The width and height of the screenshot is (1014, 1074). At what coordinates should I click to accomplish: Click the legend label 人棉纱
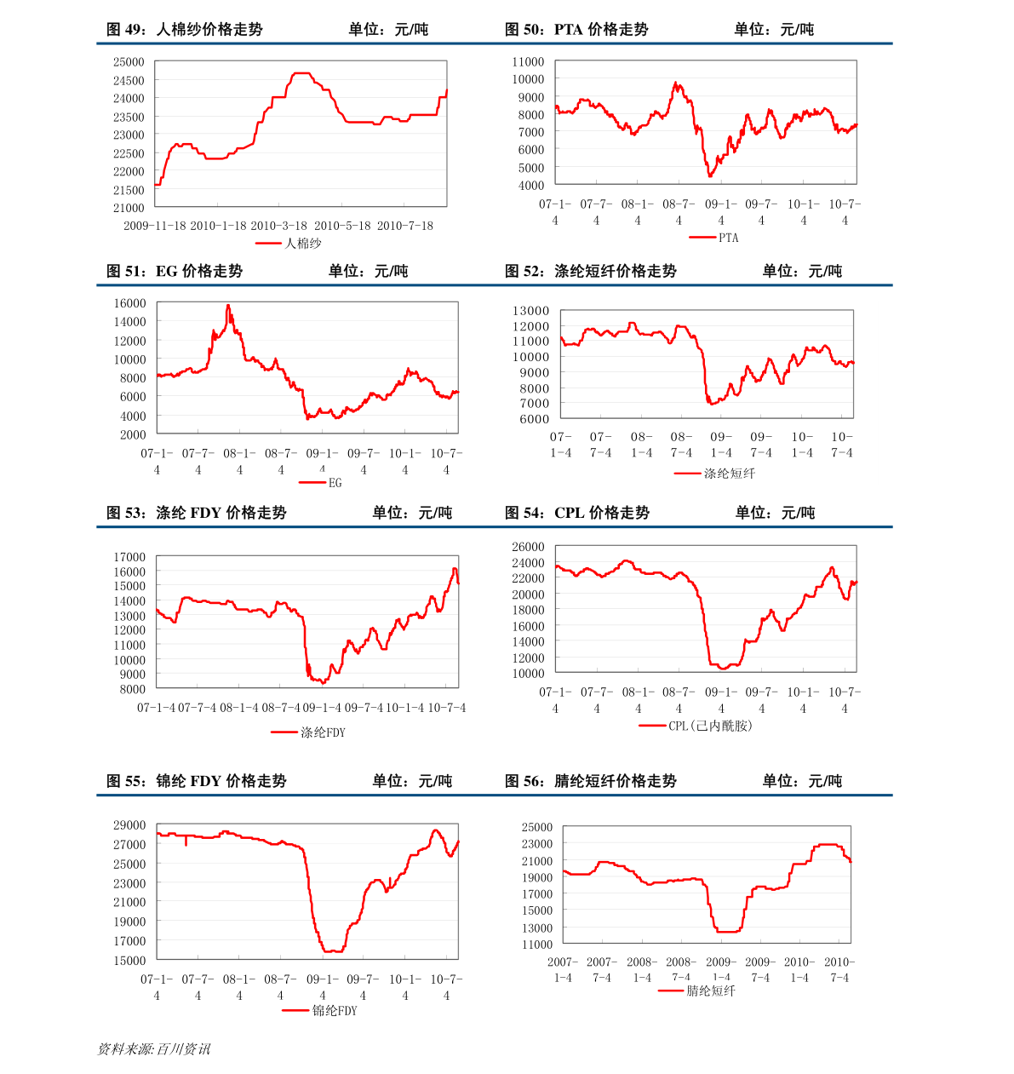tap(303, 244)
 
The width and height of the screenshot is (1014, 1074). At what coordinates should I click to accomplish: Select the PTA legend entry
tap(728, 238)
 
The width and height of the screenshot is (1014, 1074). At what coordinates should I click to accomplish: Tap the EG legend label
tap(335, 483)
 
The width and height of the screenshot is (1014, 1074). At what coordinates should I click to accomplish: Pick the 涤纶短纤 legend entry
tap(729, 474)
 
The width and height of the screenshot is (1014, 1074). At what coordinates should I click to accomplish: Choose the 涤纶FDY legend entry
tap(323, 732)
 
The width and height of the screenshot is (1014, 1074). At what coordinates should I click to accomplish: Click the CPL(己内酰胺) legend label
tap(710, 726)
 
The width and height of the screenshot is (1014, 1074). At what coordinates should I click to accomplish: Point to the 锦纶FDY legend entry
tap(335, 1011)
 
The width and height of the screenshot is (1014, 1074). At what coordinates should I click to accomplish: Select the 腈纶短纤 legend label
tap(711, 991)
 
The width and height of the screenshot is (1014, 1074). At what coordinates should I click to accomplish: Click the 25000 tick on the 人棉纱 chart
tap(129, 62)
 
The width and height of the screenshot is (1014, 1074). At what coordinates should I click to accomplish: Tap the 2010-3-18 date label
tap(278, 226)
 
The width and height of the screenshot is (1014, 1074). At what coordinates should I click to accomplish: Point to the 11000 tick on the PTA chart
tap(528, 62)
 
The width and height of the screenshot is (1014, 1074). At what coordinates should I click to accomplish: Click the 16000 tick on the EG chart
tap(129, 303)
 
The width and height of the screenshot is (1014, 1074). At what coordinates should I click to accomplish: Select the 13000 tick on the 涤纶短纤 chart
tap(530, 311)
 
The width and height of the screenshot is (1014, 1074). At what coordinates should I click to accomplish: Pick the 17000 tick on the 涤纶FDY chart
tap(129, 557)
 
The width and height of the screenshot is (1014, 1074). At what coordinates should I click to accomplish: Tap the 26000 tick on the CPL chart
tap(528, 547)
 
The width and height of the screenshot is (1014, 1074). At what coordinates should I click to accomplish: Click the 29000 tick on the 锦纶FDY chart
tap(129, 825)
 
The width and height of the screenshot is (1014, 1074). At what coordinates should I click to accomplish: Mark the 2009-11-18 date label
tap(154, 226)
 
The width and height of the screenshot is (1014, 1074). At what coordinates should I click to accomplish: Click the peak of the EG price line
tap(227, 305)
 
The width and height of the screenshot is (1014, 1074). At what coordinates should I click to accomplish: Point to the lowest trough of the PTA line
tap(710, 175)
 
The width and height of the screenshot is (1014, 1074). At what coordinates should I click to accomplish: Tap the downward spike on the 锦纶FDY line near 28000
tap(186, 844)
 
